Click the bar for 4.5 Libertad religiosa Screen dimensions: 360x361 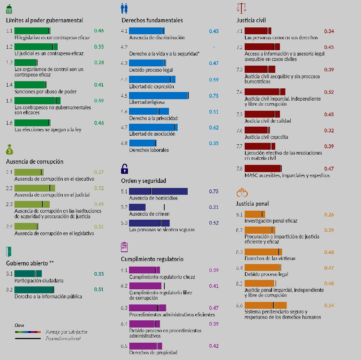click(x=159, y=96)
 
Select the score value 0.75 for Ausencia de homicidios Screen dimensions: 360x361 click(x=214, y=191)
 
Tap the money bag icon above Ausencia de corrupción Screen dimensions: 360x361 click(x=10, y=149)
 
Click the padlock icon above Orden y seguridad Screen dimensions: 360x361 click(x=125, y=168)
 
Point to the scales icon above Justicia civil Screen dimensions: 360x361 click(x=241, y=8)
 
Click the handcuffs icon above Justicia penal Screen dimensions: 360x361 click(x=241, y=192)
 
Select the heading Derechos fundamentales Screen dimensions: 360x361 click(x=152, y=20)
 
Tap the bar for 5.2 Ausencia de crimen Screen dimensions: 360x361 click(x=137, y=207)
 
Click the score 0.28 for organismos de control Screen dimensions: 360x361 click(x=99, y=63)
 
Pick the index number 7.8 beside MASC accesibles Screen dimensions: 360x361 click(x=239, y=168)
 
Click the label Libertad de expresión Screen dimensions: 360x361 click(x=151, y=87)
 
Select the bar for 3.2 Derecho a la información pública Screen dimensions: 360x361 click(x=34, y=289)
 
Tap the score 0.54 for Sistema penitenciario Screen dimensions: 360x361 click(x=329, y=305)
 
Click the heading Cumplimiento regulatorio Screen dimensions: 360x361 click(x=152, y=259)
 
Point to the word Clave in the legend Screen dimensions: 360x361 click(x=19, y=325)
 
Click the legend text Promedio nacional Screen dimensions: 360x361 click(x=63, y=338)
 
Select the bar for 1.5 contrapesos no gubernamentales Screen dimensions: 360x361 click(x=37, y=100)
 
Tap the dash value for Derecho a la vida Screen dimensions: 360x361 click(x=214, y=47)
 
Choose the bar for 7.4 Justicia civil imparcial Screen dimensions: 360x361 click(x=265, y=92)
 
